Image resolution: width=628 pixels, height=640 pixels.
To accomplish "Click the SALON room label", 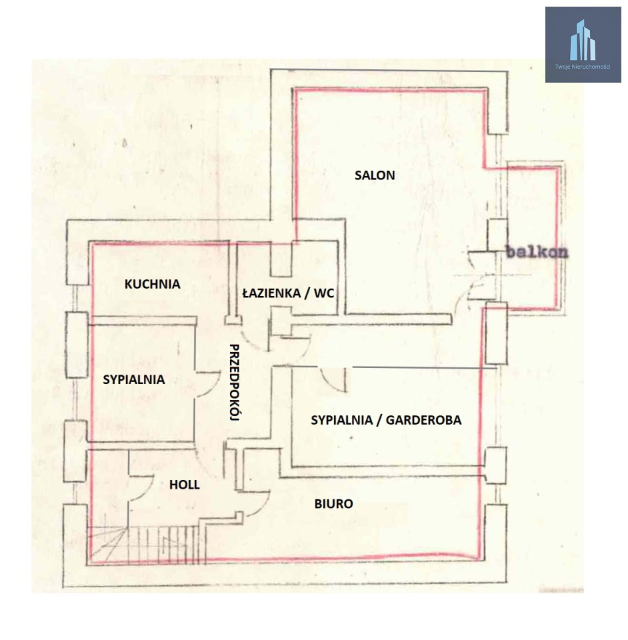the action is [375, 175].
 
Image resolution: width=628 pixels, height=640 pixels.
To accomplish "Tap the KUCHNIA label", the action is [152, 284].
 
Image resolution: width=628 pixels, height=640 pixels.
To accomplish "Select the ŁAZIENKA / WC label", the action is [288, 293].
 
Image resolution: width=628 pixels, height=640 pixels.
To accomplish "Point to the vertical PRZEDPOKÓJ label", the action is [234, 382].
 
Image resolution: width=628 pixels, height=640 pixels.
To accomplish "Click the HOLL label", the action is [185, 485].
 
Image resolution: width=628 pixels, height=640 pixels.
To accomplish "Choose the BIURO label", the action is [333, 504].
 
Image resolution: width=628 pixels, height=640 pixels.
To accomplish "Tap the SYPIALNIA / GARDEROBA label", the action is [386, 420].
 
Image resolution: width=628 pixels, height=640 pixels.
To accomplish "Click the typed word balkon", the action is [537, 252].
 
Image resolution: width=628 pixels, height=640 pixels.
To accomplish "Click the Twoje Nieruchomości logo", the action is [583, 45].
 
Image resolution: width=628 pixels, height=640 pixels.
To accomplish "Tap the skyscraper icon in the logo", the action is [583, 40].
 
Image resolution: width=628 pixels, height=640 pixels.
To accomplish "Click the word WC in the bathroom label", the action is [324, 293].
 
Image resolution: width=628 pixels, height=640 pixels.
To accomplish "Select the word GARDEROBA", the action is [423, 420].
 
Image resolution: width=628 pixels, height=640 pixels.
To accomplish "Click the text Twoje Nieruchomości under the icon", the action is [583, 67].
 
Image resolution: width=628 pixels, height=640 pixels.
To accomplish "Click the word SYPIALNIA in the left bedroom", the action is [134, 379].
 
